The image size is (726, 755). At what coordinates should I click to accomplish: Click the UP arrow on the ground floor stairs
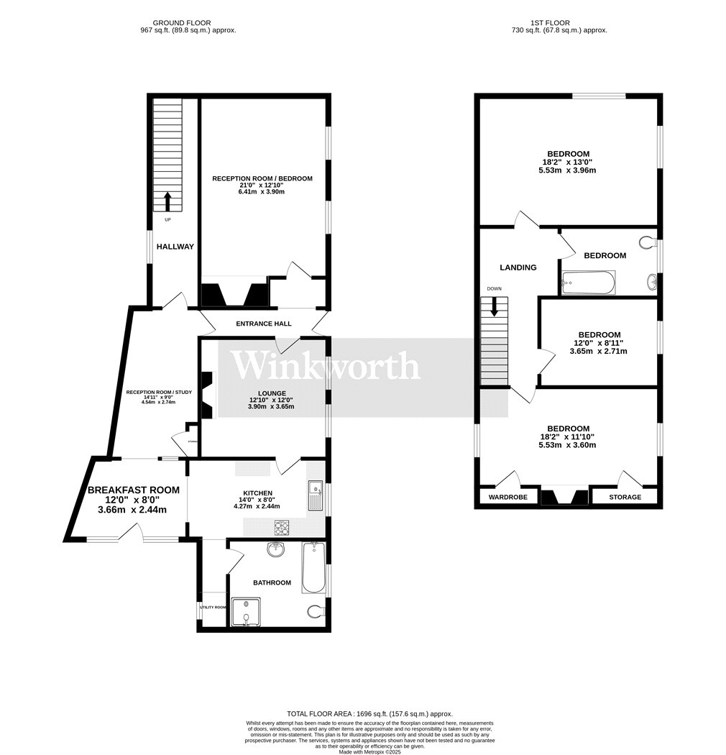click(168, 200)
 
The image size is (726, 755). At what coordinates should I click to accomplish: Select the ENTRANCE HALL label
click(264, 324)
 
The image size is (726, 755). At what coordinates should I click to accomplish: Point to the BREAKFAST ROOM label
click(133, 490)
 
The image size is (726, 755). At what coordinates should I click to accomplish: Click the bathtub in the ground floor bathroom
click(313, 568)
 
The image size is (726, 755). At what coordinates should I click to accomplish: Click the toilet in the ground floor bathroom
click(315, 613)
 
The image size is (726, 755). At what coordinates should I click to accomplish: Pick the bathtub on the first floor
click(588, 283)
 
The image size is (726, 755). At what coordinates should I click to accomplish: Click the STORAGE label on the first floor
click(625, 497)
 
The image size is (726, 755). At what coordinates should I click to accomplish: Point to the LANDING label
click(518, 267)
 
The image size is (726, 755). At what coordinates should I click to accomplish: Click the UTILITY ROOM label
click(213, 608)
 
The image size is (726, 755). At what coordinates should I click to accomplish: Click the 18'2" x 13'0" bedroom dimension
click(568, 162)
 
